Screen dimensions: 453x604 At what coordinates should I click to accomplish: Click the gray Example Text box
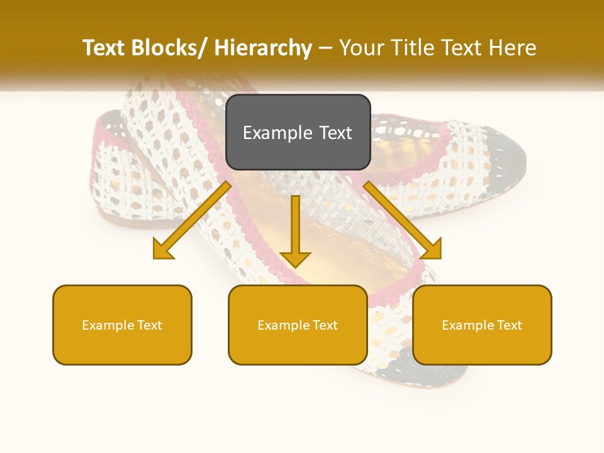[x=298, y=132]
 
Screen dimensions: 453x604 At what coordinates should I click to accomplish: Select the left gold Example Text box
[x=122, y=325]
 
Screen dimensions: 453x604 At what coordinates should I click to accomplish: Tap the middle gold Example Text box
[x=298, y=325]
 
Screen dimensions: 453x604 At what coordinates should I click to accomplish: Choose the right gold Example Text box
[x=482, y=325]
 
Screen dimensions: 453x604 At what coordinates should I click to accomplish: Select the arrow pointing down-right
[x=403, y=220]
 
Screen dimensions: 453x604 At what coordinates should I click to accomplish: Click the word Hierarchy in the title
[x=263, y=48]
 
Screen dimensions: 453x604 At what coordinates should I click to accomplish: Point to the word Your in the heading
[x=361, y=48]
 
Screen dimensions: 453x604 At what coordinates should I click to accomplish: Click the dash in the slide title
[x=325, y=48]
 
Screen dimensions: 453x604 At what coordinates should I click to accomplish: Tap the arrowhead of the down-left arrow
[x=164, y=250]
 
